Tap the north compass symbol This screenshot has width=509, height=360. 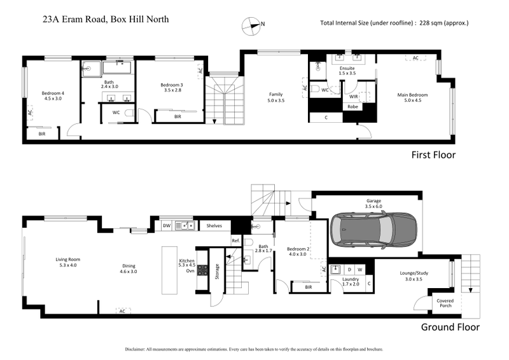click(253, 25)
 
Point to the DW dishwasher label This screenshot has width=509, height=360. click(166, 225)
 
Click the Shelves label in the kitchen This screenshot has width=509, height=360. click(213, 225)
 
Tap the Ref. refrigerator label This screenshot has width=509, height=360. click(235, 240)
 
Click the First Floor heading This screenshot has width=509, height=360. click(433, 155)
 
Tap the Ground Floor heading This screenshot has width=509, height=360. click(450, 328)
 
